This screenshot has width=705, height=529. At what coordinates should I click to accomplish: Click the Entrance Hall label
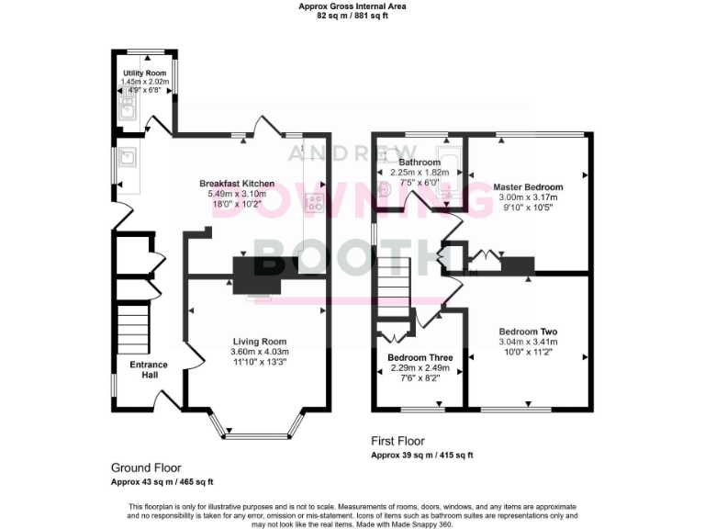pyautogui.click(x=148, y=369)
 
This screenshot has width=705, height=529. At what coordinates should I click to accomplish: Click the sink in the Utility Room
pyautogui.click(x=128, y=112)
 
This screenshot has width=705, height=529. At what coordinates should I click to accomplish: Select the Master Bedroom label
pyautogui.click(x=528, y=186)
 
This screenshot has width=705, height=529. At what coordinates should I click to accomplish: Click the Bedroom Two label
pyautogui.click(x=528, y=332)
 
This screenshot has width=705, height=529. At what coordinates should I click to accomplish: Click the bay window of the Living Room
pyautogui.click(x=257, y=426)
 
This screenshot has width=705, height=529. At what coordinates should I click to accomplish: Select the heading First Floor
pyautogui.click(x=397, y=441)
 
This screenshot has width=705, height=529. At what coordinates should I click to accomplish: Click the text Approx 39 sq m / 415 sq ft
pyautogui.click(x=421, y=456)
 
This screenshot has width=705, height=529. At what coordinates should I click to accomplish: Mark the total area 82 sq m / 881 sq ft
pyautogui.click(x=352, y=16)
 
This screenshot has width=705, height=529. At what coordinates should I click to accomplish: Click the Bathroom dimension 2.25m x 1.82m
pyautogui.click(x=420, y=172)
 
